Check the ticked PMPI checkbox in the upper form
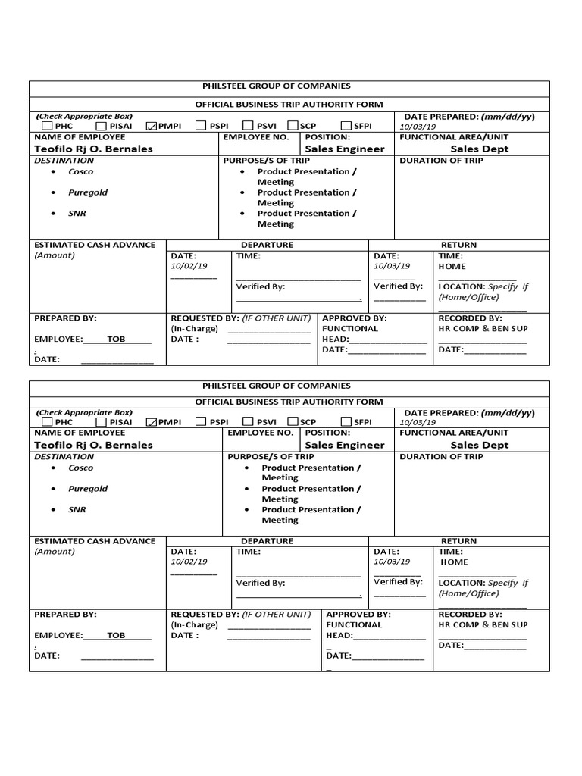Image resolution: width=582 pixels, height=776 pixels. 150,126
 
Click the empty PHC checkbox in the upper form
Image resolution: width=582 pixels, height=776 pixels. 48,126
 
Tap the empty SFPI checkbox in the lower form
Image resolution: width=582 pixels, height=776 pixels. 346,422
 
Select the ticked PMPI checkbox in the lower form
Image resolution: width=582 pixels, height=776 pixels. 150,422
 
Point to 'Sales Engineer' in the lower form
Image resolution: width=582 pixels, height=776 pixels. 344,446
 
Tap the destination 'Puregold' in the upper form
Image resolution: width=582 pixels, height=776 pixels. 88,192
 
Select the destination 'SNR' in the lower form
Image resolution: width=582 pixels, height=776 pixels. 77,510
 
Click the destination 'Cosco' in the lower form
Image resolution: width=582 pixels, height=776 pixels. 81,468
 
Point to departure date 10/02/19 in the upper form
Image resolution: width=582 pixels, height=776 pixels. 189,267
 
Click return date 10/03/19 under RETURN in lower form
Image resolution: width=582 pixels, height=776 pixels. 392,562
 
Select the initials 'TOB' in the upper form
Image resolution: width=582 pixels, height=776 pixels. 116,339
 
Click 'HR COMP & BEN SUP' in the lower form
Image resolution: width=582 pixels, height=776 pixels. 483,625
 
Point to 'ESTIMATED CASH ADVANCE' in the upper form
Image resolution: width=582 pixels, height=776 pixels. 95,245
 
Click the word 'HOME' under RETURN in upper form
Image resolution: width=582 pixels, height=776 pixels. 452,267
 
